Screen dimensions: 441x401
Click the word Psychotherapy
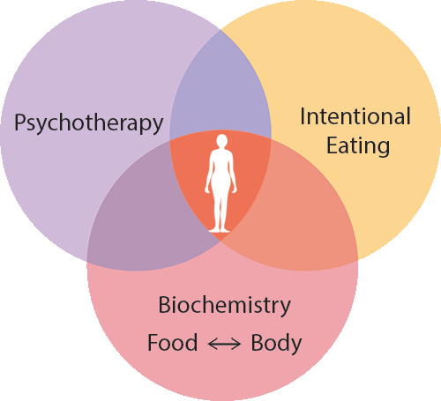click(88, 123)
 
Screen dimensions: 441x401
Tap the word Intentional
click(355, 116)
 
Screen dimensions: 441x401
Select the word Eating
click(358, 146)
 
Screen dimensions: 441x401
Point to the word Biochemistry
click(225, 307)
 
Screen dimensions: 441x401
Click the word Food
click(172, 342)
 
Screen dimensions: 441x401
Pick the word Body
click(276, 344)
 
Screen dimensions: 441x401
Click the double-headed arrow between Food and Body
click(224, 344)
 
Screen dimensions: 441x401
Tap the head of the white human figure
click(221, 140)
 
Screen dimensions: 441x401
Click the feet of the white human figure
click(220, 230)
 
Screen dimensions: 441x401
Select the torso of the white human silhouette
click(220, 167)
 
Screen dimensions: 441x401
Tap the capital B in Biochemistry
click(165, 305)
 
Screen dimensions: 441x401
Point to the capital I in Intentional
click(303, 116)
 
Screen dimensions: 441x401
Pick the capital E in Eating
click(333, 145)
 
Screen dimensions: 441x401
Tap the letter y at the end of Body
click(296, 346)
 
